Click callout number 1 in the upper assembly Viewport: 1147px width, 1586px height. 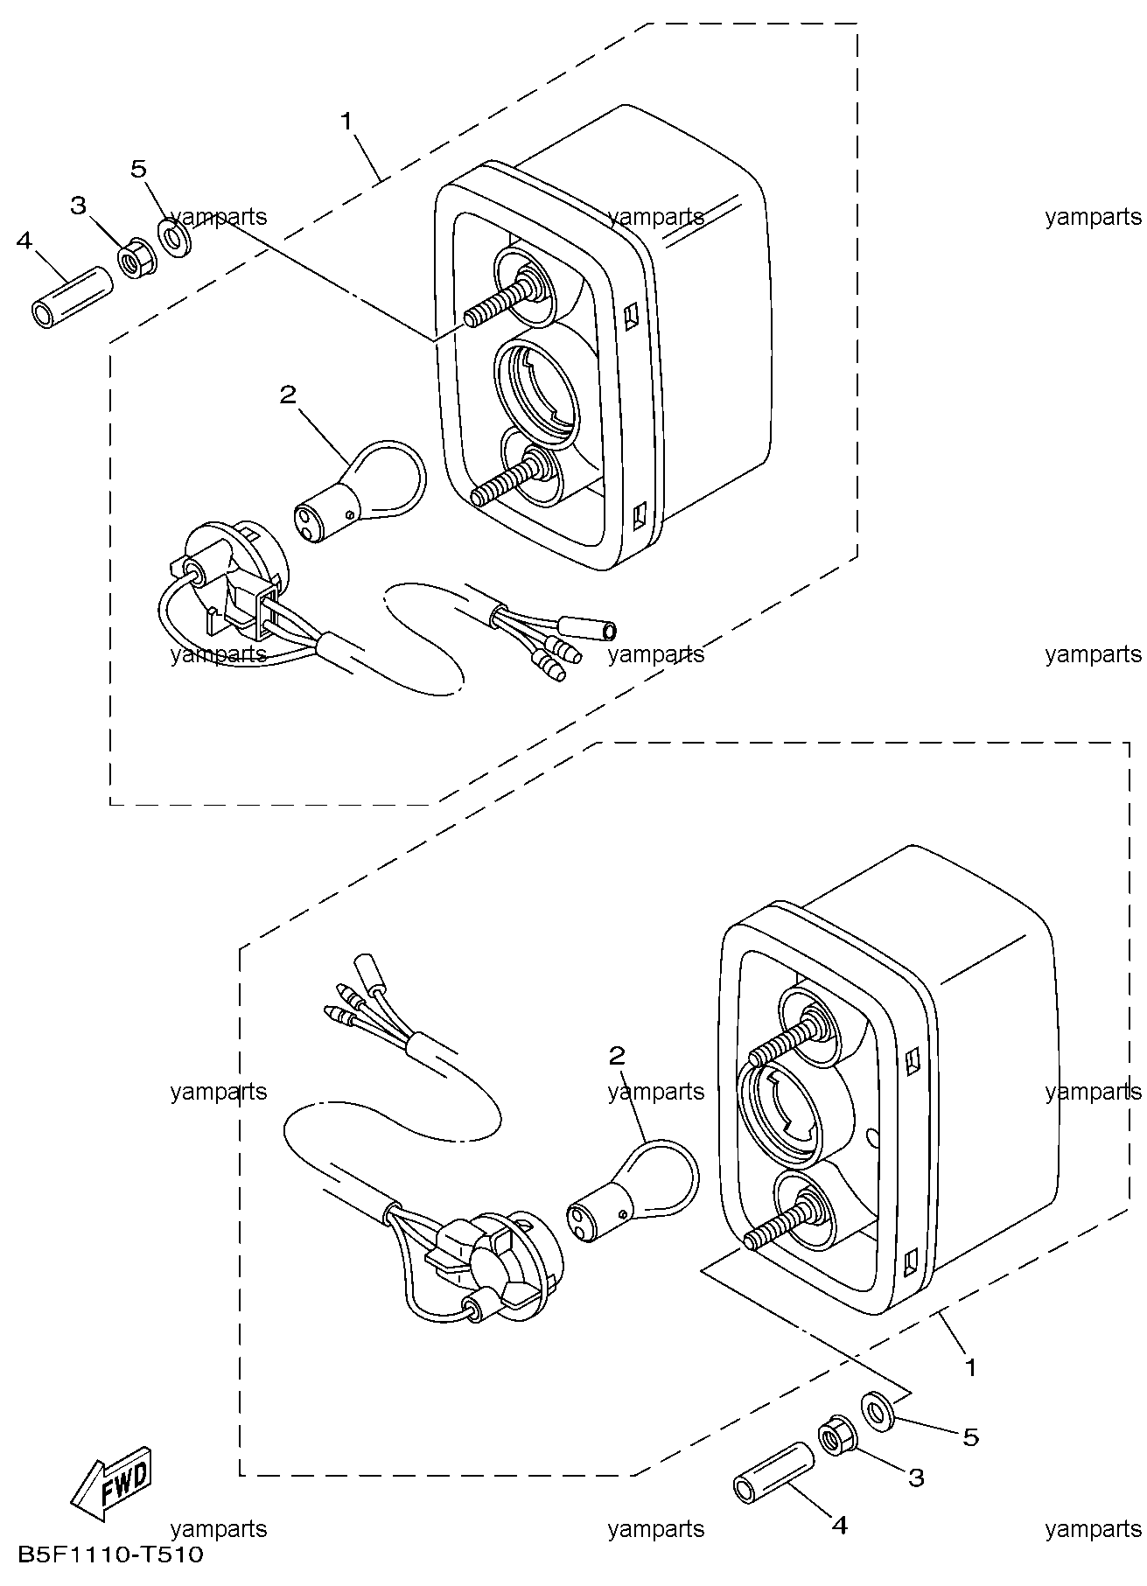[347, 121]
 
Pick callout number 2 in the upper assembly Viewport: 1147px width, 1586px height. [288, 395]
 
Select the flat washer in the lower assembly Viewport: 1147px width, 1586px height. [879, 1408]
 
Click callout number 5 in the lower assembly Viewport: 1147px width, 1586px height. [971, 1437]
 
